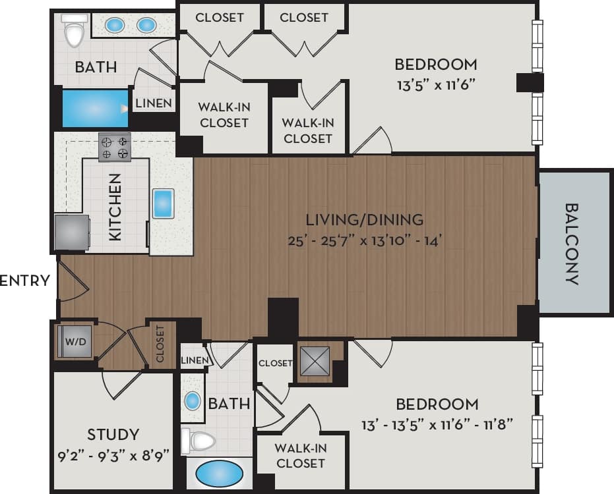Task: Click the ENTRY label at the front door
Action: coord(25,281)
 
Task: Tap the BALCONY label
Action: coord(572,244)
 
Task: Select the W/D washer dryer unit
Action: coord(72,341)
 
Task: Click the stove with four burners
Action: coord(114,147)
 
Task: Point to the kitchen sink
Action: coord(163,204)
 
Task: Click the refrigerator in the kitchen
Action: coord(71,233)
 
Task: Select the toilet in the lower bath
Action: coord(199,441)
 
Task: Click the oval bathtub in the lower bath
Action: coord(219,474)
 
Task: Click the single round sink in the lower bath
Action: coord(192,400)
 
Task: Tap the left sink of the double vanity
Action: coord(115,25)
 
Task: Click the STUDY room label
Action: coord(113,434)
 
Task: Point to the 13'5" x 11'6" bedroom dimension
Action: coord(435,84)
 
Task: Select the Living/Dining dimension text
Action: coord(364,240)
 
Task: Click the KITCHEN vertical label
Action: coord(115,206)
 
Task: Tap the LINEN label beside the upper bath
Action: coord(154,103)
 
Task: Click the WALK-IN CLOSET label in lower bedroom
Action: coord(300,456)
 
